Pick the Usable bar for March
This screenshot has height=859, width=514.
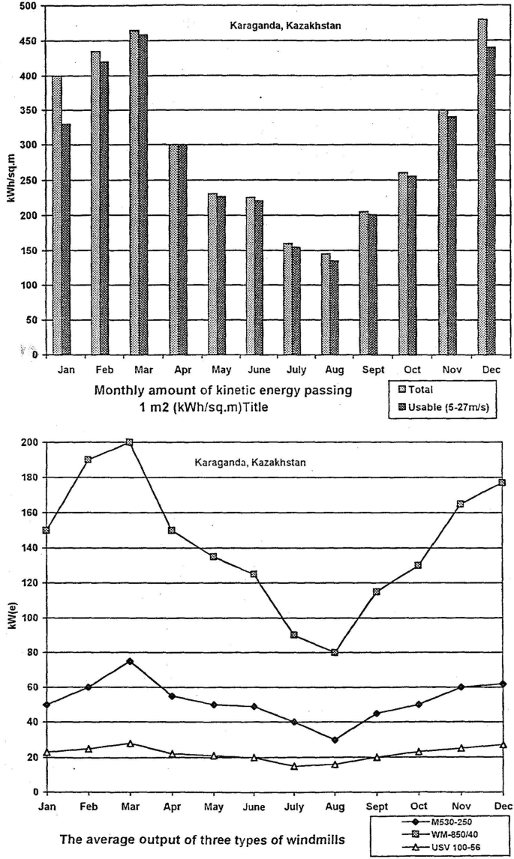pyautogui.click(x=143, y=195)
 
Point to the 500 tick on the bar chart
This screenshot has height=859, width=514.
pyautogui.click(x=28, y=6)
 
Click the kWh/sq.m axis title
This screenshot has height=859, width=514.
pyautogui.click(x=11, y=180)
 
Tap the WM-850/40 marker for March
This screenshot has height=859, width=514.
pyautogui.click(x=131, y=442)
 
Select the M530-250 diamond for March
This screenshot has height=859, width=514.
pyautogui.click(x=131, y=661)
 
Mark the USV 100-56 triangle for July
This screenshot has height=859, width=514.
pyautogui.click(x=294, y=766)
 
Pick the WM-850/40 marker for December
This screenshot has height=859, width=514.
pyautogui.click(x=502, y=483)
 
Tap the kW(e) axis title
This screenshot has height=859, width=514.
pyautogui.click(x=11, y=618)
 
